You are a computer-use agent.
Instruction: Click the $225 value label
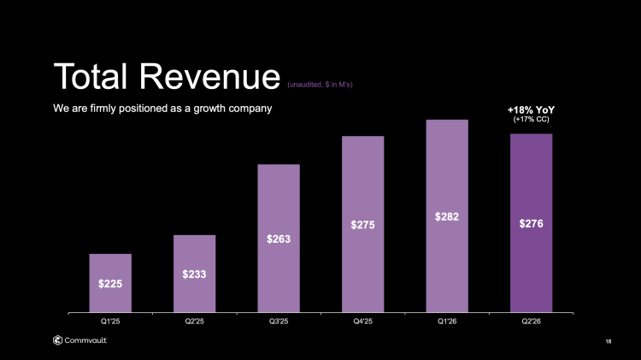point(110,284)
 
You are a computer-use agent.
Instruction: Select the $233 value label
point(194,274)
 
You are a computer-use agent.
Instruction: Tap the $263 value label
point(279,239)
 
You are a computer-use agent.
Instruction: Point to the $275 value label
point(363,224)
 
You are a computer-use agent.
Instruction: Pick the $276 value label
point(531,223)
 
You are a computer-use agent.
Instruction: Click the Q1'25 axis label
point(110,322)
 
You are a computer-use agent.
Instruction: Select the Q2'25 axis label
point(194,322)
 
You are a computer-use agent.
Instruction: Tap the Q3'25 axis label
point(279,322)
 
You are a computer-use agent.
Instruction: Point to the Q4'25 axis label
point(363,322)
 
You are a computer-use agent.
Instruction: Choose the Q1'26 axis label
point(447,322)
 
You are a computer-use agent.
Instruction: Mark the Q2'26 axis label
point(531,322)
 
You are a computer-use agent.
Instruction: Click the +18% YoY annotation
point(531,109)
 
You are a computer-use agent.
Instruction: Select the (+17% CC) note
point(531,120)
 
